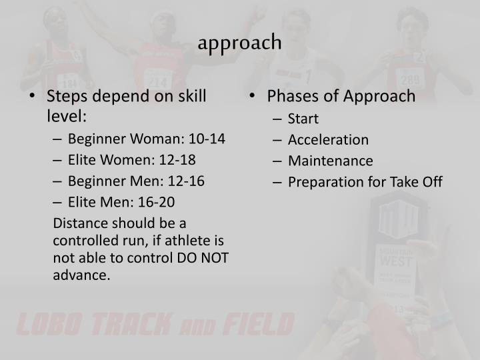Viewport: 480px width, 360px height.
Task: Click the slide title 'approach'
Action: point(240,43)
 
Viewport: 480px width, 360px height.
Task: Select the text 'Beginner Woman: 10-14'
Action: point(146,139)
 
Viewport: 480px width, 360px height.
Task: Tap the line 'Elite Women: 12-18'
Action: point(132,160)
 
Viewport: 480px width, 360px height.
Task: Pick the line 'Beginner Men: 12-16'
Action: point(136,181)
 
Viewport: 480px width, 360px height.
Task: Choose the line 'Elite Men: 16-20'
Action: point(121,203)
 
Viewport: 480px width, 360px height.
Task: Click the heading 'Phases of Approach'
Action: point(341,97)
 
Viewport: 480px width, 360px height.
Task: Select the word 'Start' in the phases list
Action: point(303,119)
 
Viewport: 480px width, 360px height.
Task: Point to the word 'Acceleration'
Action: point(328,140)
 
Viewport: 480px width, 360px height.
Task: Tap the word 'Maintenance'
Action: point(330,161)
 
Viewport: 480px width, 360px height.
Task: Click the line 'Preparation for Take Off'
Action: point(365,182)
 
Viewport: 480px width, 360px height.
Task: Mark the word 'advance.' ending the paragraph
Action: point(81,276)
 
